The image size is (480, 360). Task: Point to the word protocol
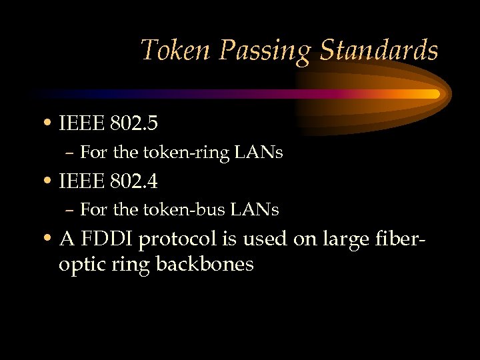(182, 239)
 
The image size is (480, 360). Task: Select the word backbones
(205, 264)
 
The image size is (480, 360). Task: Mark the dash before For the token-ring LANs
(70, 153)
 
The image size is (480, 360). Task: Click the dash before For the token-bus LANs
(70, 211)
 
